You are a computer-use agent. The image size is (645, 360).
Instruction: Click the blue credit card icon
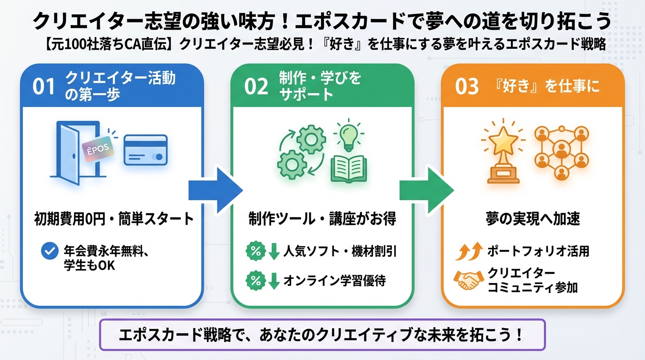click(145, 150)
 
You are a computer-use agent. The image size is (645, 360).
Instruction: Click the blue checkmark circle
click(49, 252)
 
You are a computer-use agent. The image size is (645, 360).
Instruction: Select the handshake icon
click(470, 280)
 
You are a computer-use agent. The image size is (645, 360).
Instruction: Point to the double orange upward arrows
click(469, 252)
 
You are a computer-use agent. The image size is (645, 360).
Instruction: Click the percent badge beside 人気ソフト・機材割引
click(256, 252)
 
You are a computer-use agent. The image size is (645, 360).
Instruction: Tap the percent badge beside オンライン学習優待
click(256, 280)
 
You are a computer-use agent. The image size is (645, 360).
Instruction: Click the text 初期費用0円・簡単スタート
click(114, 218)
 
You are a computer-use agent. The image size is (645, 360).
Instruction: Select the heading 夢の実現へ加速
click(533, 218)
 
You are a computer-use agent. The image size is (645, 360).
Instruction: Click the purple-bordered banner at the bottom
click(322, 335)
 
